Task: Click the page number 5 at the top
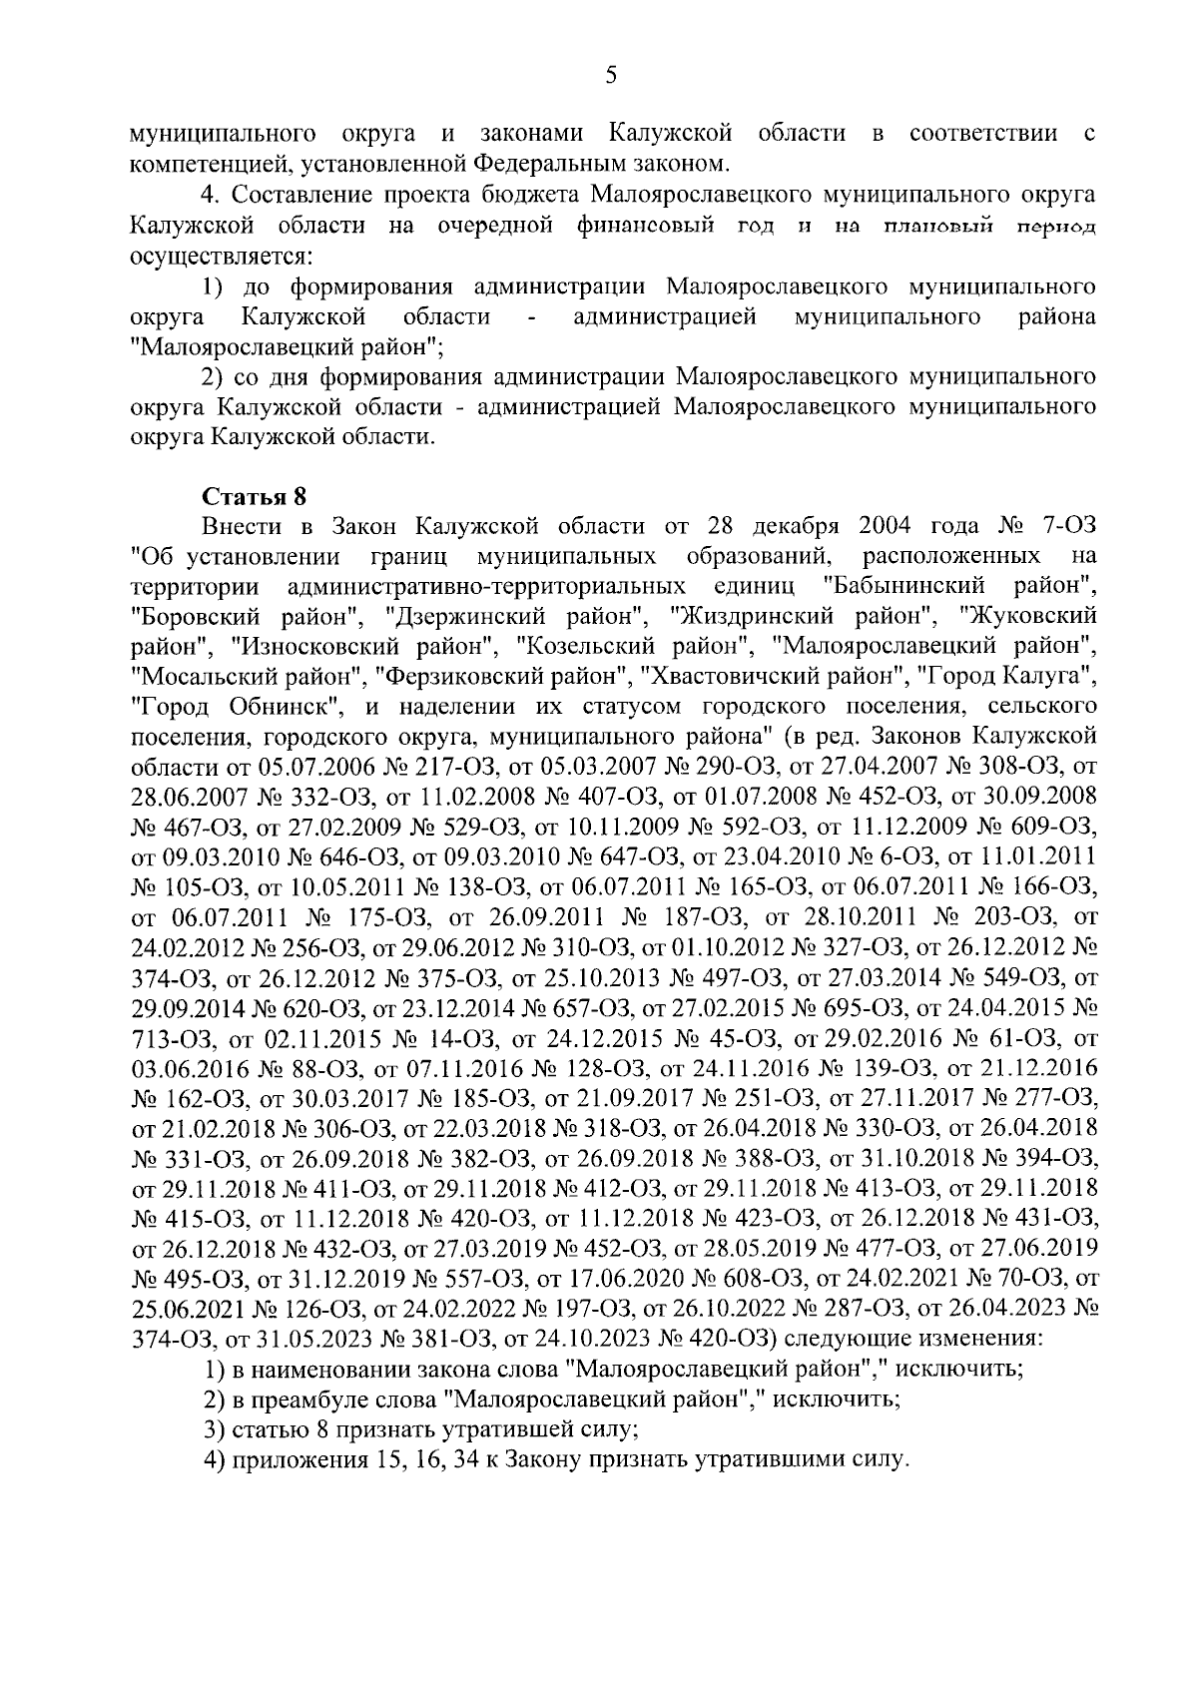[611, 75]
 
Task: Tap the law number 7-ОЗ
[1070, 525]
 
